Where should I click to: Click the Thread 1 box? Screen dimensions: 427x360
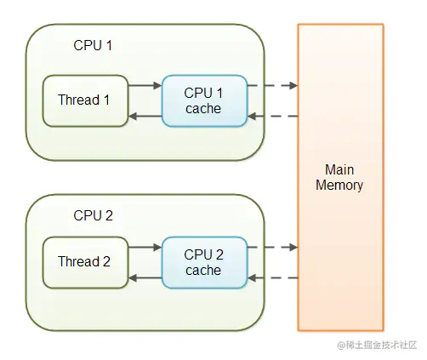coord(85,100)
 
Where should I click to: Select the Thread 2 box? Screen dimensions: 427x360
coord(85,262)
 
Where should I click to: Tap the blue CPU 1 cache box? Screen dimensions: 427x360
coord(205,100)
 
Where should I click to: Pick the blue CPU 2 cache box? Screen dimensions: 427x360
coord(205,262)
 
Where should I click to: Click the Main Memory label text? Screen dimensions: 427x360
coord(339,178)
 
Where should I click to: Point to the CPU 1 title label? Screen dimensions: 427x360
coord(93,45)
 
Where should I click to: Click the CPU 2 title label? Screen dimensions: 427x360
coord(93,215)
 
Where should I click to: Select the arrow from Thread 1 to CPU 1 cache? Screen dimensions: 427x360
coord(145,85)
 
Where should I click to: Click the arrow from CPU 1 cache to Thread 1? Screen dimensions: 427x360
coord(145,116)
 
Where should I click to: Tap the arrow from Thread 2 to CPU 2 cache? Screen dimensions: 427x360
coord(145,247)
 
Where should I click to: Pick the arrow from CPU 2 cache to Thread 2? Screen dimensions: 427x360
coord(145,278)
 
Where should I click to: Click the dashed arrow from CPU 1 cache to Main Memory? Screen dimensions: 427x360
coord(273,85)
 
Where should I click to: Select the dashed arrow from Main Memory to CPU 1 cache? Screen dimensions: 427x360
coord(273,116)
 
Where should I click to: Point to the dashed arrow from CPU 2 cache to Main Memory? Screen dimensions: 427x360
coord(273,247)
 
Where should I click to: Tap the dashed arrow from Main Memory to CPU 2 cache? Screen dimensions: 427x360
coord(273,278)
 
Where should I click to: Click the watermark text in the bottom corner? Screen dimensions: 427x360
coord(377,345)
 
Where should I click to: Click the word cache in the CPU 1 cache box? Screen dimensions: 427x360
coord(203,109)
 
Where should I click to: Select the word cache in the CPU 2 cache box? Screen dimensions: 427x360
coord(203,271)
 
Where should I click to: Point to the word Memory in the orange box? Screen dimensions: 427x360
coord(339,186)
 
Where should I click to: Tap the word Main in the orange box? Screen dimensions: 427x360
coord(339,169)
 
